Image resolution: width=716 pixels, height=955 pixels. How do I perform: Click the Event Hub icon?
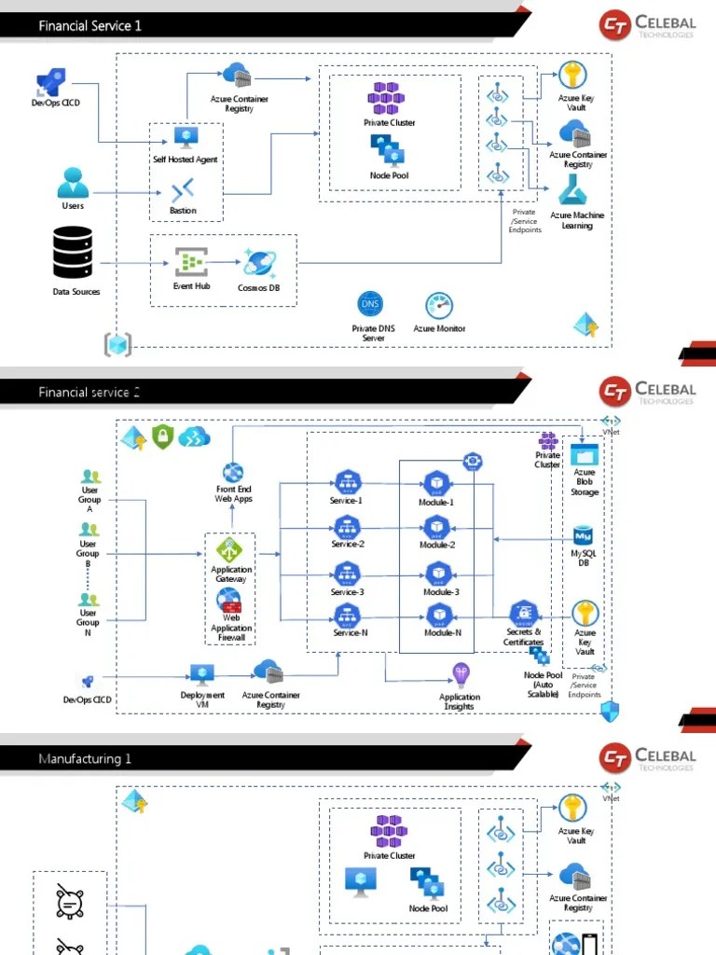(x=191, y=262)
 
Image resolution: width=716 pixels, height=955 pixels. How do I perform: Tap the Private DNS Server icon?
(x=370, y=305)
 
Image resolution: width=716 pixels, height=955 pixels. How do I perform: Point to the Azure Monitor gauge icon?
(x=438, y=306)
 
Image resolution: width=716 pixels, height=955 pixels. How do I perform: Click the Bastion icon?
(x=183, y=192)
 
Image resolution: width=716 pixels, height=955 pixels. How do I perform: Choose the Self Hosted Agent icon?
(x=185, y=137)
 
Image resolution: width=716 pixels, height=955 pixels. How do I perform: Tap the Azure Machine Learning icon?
(x=574, y=190)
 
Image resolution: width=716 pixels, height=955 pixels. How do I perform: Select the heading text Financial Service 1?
(x=89, y=26)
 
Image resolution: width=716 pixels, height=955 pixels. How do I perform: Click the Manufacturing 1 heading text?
(x=85, y=759)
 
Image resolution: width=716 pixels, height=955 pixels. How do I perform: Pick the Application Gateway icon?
(x=229, y=549)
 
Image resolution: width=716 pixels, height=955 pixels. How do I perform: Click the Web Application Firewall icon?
(x=230, y=606)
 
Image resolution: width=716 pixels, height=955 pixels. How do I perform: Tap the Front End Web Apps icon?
(x=232, y=472)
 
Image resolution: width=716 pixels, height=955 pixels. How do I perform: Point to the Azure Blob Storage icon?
(x=585, y=455)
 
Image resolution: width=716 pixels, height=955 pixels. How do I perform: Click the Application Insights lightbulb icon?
(x=461, y=674)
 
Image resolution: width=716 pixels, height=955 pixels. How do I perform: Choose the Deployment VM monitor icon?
(x=202, y=675)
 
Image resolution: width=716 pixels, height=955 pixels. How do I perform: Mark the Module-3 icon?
(x=438, y=574)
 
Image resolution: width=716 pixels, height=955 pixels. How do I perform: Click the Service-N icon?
(x=347, y=616)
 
